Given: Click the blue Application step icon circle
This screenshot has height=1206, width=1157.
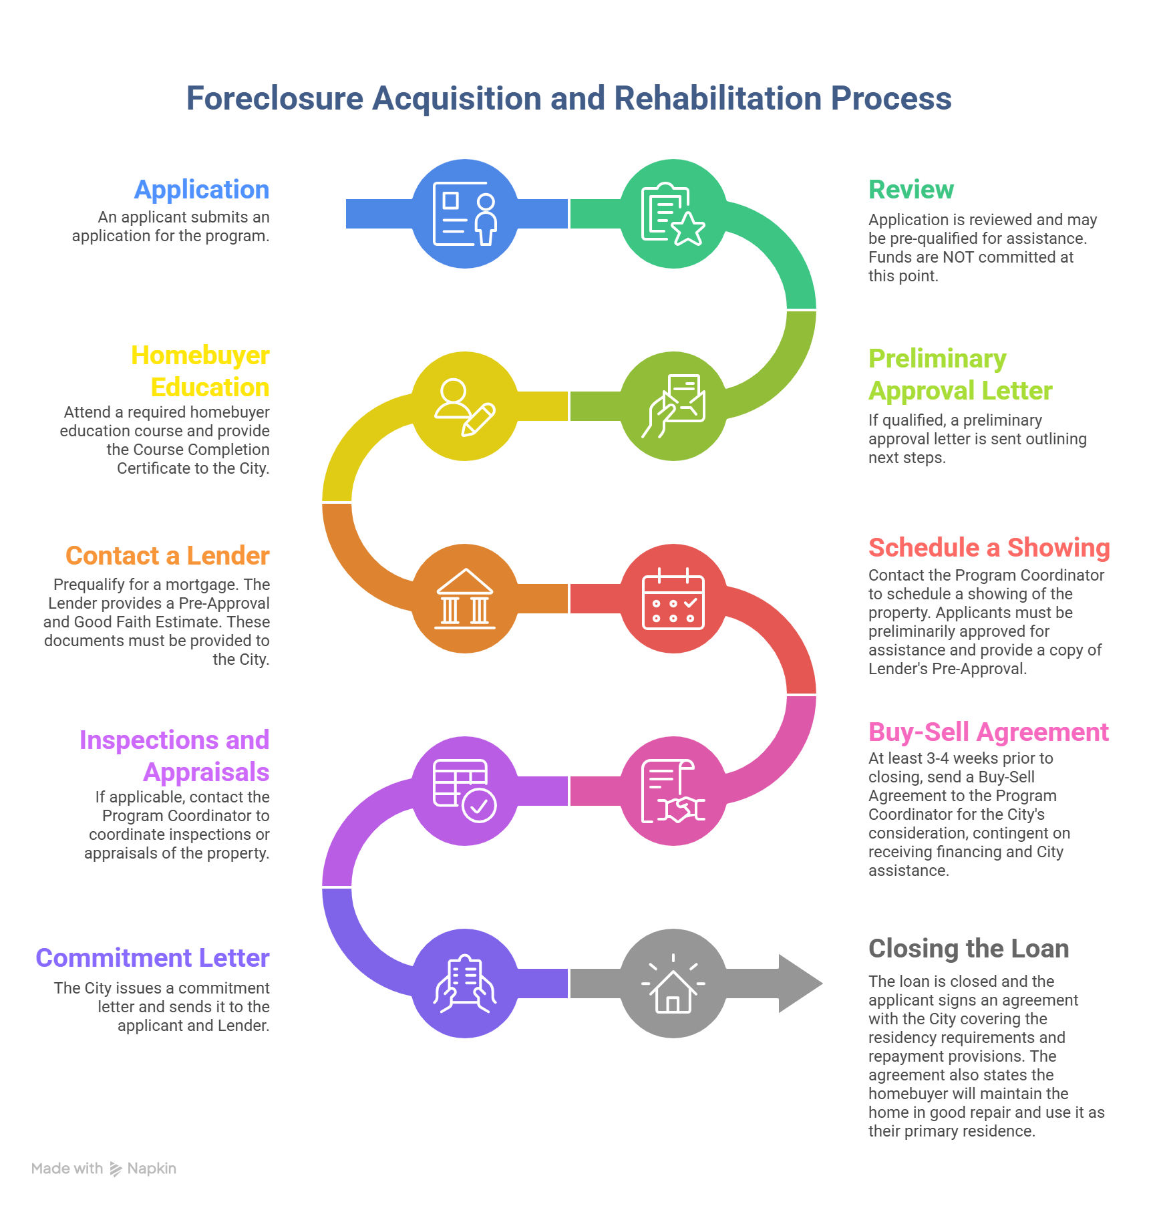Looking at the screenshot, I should pyautogui.click(x=465, y=214).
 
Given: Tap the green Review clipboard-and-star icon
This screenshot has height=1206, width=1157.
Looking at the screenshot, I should pyautogui.click(x=673, y=214).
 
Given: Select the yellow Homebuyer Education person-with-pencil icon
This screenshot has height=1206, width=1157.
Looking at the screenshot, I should pyautogui.click(x=465, y=406).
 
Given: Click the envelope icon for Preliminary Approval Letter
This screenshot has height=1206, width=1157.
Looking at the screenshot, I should pyautogui.click(x=673, y=406).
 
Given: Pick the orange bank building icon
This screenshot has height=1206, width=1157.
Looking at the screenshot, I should pyautogui.click(x=465, y=599).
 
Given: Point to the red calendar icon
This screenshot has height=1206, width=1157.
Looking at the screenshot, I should pyautogui.click(x=673, y=599).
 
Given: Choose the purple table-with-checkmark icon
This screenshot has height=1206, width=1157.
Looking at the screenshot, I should pyautogui.click(x=465, y=791).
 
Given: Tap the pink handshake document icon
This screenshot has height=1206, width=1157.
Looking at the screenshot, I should pyautogui.click(x=673, y=791).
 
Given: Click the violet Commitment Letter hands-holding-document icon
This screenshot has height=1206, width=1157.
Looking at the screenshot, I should pyautogui.click(x=465, y=984).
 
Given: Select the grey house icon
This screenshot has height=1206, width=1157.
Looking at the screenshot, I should pyautogui.click(x=673, y=984).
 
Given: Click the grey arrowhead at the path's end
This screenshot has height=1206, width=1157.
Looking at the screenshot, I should pyautogui.click(x=802, y=984).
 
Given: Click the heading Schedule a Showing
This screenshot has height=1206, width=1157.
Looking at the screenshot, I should pyautogui.click(x=989, y=548).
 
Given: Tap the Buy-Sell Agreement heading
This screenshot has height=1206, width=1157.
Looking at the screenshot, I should pyautogui.click(x=989, y=732).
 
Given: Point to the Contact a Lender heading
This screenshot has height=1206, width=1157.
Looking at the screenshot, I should pyautogui.click(x=168, y=556).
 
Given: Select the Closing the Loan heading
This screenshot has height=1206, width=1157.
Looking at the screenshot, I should pyautogui.click(x=969, y=949).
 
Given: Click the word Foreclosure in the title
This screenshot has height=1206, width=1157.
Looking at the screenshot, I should pyautogui.click(x=275, y=99).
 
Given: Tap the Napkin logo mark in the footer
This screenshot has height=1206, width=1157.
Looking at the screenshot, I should pyautogui.click(x=116, y=1169).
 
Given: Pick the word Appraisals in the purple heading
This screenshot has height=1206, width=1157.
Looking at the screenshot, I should pyautogui.click(x=206, y=772).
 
